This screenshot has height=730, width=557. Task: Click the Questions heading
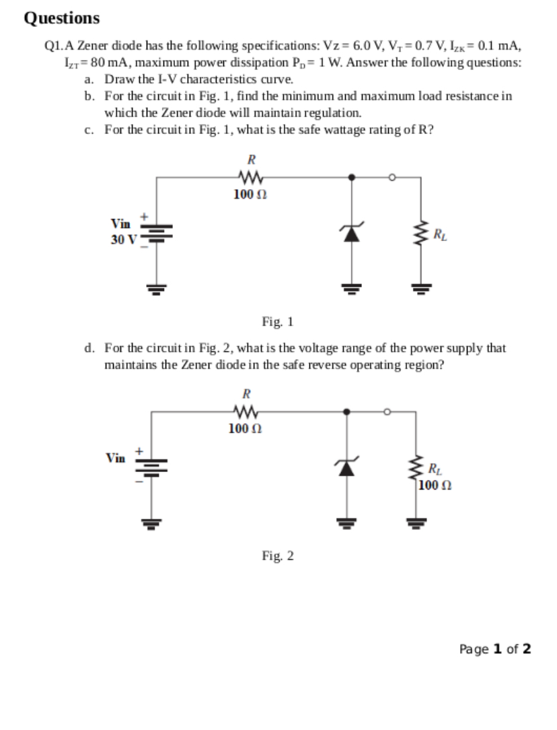[x=61, y=18]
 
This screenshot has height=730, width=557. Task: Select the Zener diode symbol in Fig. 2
[x=346, y=467]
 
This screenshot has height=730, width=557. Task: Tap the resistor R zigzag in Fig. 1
[x=250, y=178]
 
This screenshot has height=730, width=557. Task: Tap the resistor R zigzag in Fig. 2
[x=243, y=411]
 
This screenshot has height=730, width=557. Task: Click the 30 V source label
[x=123, y=240]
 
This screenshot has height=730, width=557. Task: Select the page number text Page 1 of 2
[x=495, y=649]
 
